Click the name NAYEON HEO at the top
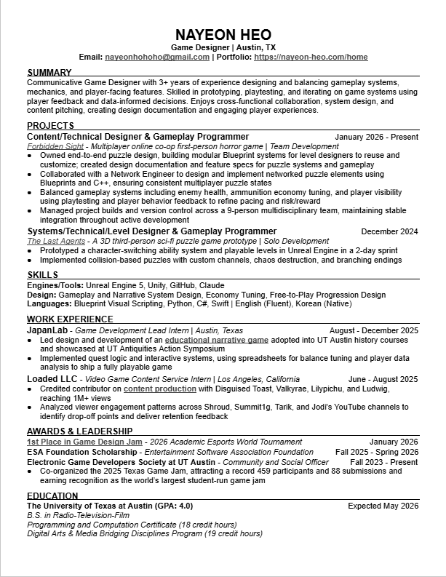click(223, 35)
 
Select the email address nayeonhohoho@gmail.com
click(157, 57)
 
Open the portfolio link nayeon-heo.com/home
click(311, 57)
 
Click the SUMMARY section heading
click(49, 73)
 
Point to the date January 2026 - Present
click(376, 137)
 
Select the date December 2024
click(389, 232)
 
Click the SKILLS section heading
click(43, 275)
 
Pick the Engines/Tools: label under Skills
click(55, 286)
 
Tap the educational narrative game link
click(217, 340)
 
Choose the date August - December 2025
click(373, 330)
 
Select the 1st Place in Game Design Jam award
click(84, 442)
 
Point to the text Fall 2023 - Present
click(383, 462)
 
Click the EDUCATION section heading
click(52, 496)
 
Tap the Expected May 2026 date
click(383, 506)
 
